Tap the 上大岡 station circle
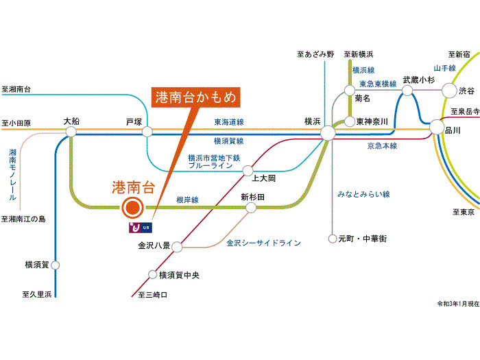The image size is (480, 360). (x=248, y=171)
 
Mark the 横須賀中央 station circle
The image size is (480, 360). (x=153, y=275)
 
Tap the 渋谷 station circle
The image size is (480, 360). (x=449, y=90)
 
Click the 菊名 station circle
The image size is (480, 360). (x=348, y=90)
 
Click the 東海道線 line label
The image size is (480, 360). (x=229, y=122)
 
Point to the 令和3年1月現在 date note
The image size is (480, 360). (x=457, y=302)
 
